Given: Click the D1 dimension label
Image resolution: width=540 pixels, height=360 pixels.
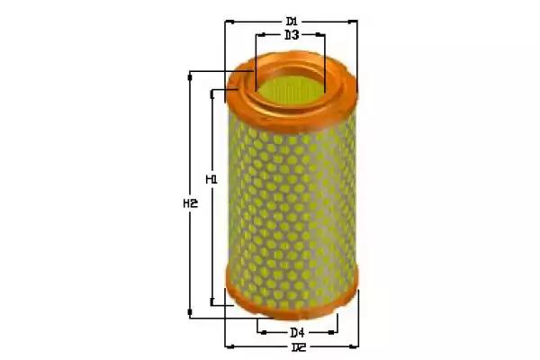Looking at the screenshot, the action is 292,22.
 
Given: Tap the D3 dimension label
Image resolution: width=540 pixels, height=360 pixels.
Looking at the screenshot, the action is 292,35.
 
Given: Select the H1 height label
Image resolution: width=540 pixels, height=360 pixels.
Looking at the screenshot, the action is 211,179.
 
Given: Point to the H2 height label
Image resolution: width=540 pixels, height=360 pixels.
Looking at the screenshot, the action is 190,204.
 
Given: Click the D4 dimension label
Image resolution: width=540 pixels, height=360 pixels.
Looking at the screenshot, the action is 297,333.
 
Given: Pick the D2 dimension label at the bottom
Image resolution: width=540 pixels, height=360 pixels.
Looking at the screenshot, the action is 299,347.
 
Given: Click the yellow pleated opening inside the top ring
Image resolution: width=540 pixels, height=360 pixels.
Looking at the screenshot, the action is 291,89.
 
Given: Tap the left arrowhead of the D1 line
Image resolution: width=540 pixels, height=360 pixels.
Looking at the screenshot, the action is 229,22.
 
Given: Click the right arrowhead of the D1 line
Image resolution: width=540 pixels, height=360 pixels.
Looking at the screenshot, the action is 352,22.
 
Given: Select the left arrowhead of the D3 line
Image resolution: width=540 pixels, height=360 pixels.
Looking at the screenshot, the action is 261,35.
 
